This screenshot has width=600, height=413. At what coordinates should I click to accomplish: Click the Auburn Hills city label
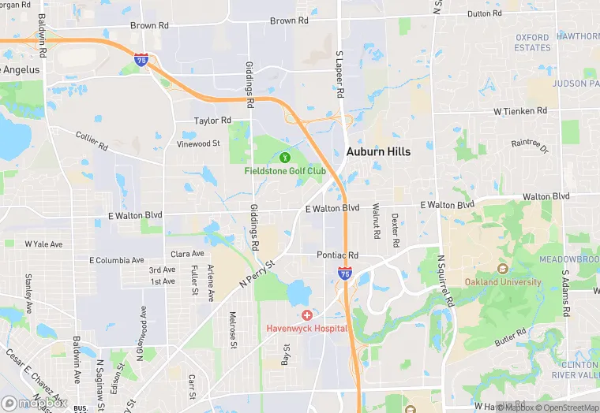click(378, 151)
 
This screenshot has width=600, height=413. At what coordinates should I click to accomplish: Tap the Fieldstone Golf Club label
click(283, 169)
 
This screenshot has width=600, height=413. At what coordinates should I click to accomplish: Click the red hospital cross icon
click(306, 315)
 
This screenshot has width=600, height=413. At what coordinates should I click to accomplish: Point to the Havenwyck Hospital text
click(306, 328)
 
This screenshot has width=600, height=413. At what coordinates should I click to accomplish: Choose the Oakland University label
click(503, 282)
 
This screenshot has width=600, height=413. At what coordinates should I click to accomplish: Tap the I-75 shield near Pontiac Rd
click(345, 273)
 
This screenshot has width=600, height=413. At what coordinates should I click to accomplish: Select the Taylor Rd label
click(213, 121)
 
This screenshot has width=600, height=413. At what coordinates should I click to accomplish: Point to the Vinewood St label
click(199, 143)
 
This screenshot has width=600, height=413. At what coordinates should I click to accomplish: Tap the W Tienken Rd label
click(520, 111)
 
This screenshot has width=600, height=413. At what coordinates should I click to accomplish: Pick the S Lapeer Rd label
click(340, 76)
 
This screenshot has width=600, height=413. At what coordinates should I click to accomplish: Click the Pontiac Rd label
click(337, 255)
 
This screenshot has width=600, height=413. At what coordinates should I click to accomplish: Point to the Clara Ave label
click(187, 254)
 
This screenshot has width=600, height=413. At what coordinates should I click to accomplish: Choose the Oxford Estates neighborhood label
click(533, 43)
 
